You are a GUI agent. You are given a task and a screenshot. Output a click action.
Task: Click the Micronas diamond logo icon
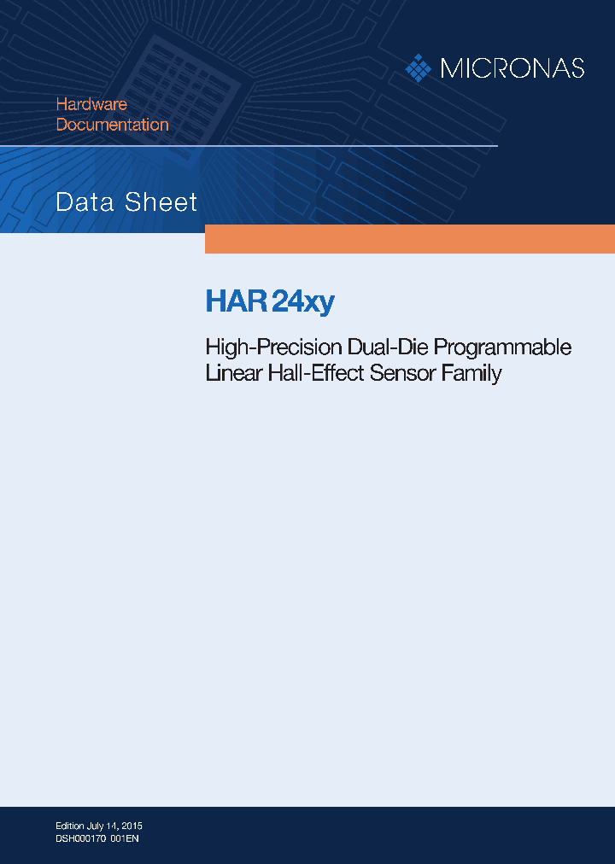(418, 68)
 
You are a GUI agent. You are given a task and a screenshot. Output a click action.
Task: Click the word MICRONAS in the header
(512, 68)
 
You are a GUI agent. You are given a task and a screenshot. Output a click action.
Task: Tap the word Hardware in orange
(91, 104)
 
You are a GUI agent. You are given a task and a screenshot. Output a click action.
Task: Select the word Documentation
(112, 125)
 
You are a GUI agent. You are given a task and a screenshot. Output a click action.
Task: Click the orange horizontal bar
(409, 239)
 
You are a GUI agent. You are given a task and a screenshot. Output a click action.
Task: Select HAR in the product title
(236, 302)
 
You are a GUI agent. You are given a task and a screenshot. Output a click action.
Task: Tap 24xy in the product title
(302, 302)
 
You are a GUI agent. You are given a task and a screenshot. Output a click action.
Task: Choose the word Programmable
(503, 348)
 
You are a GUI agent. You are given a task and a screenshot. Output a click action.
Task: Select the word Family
(471, 374)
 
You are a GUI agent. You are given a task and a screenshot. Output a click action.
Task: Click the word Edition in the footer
(69, 826)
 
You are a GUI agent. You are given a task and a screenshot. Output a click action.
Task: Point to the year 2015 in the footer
(132, 826)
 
